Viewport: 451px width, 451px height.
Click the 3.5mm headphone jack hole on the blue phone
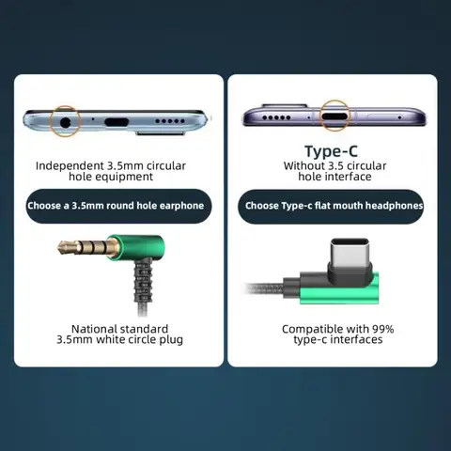coord(65,122)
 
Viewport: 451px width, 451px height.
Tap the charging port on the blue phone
coord(117,122)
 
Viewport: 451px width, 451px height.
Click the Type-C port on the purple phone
coord(334,117)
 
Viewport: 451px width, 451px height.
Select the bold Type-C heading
coord(331,151)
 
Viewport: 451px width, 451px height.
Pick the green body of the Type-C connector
coord(340,293)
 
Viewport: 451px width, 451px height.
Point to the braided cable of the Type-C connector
coord(265,288)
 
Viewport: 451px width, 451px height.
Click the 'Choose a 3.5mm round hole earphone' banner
coord(118,206)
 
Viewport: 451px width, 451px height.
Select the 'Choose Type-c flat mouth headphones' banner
coord(331,206)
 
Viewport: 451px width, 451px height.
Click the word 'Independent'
coord(70,166)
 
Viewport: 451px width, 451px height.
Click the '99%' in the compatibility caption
coord(382,329)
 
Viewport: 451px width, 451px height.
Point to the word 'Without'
coord(303,165)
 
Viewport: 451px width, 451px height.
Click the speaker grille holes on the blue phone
coord(170,121)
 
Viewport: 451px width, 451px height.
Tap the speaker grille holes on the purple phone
coord(276,117)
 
